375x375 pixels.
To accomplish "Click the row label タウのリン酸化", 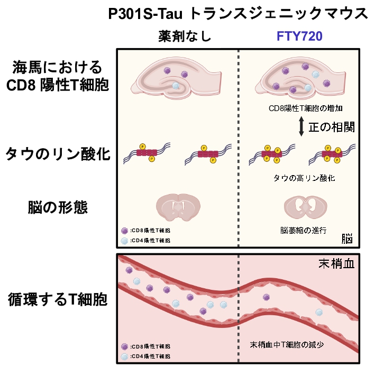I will coord(58,154).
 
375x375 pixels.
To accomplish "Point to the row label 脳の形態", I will coord(58,207).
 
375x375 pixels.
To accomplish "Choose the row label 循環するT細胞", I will coord(58,300).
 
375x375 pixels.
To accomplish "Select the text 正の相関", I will coord(331,127).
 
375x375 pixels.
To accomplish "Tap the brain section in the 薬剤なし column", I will coord(178,206).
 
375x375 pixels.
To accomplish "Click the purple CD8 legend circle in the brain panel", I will coord(125,231).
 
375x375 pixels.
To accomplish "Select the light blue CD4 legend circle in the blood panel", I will coord(125,356).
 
